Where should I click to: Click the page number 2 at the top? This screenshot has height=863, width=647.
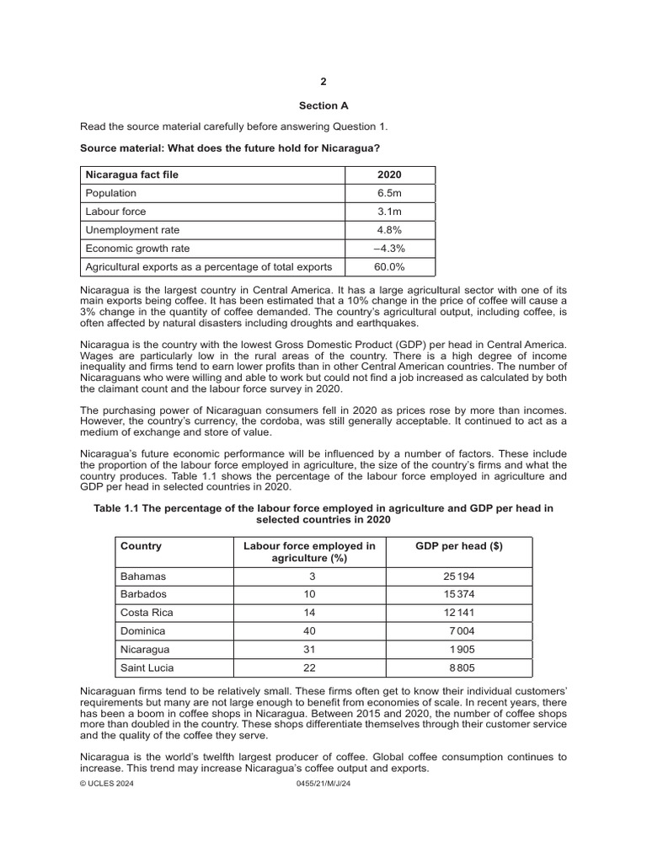click(323, 82)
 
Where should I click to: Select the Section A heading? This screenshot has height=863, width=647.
click(323, 106)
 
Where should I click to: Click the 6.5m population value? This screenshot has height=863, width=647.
click(390, 193)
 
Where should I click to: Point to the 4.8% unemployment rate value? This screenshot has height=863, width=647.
click(390, 230)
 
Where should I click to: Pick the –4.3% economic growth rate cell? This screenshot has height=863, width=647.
click(390, 249)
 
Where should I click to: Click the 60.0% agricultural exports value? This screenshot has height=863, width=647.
click(390, 267)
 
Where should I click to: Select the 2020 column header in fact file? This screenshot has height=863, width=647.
click(390, 174)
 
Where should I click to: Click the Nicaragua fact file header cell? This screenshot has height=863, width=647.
click(131, 174)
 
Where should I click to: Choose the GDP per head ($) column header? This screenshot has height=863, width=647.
click(460, 546)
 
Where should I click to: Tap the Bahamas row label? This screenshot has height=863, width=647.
click(144, 576)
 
